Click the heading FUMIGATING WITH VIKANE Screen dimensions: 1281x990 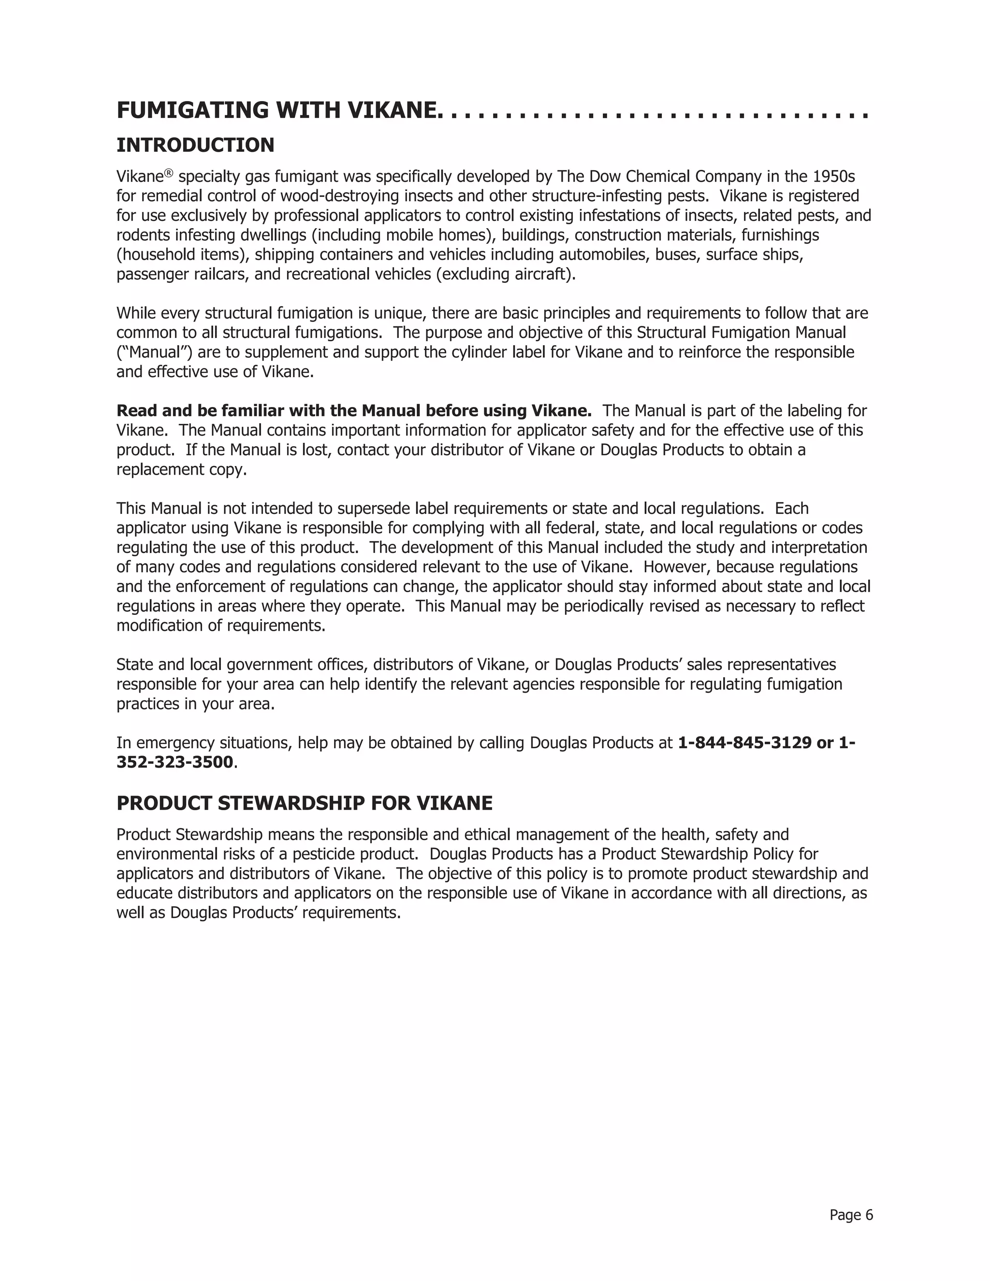[x=277, y=110]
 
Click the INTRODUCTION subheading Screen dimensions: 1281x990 [x=195, y=145]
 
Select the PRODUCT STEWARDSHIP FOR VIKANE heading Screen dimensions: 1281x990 [x=305, y=803]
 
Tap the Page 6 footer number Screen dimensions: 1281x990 [x=851, y=1215]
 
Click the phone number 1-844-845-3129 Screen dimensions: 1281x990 [x=744, y=742]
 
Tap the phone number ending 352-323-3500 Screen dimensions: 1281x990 [x=175, y=762]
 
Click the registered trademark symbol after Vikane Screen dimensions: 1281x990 [x=169, y=173]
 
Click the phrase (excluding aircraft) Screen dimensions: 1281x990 [x=506, y=274]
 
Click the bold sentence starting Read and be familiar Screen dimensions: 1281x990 [x=354, y=410]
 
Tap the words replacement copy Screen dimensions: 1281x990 [x=181, y=469]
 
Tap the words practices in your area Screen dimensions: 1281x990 [x=195, y=703]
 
